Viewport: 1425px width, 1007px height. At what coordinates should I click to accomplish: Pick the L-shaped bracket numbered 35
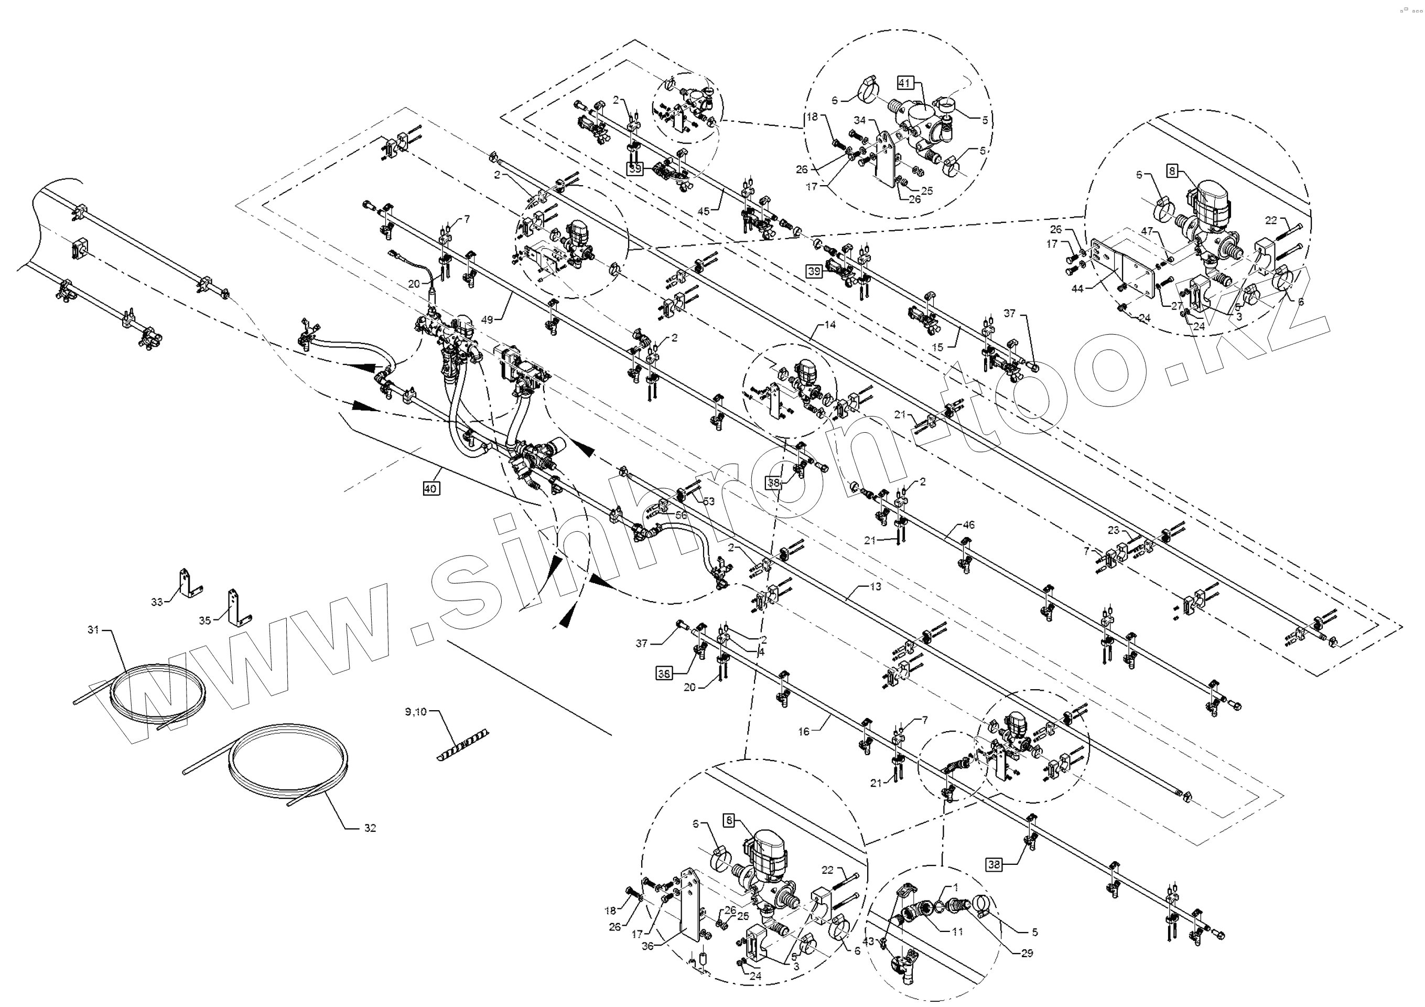237,608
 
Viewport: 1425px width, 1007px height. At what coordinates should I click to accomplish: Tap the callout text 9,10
415,712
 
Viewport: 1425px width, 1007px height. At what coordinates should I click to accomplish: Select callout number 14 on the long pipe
830,325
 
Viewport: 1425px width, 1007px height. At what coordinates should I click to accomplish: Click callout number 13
875,586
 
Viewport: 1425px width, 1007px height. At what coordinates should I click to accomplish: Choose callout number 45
703,211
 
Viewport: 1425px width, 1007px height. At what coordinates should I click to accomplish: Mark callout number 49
487,320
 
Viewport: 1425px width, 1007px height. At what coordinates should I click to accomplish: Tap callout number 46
968,524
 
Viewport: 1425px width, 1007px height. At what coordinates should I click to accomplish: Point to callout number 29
1027,953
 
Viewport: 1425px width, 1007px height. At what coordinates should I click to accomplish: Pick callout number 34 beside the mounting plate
860,120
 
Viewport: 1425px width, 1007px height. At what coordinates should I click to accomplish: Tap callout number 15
937,347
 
